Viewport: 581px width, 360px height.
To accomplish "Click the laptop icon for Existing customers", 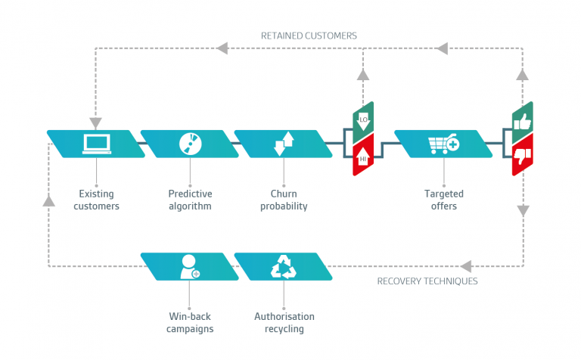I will click(96, 143).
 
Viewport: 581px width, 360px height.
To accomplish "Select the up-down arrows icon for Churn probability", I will click(283, 143).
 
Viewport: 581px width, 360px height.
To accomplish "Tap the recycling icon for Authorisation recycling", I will click(284, 266).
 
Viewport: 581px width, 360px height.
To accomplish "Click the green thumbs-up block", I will click(523, 121).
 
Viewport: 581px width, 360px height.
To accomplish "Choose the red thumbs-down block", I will click(523, 157).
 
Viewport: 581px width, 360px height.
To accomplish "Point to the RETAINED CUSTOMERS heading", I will click(309, 36).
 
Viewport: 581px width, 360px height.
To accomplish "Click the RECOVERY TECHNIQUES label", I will click(427, 281).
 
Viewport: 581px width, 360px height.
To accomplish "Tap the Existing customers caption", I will click(96, 200).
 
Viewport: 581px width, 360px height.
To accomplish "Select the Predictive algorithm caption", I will click(190, 200).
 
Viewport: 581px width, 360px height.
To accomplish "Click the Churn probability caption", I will click(284, 200).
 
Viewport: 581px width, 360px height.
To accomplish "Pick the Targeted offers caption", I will click(440, 200).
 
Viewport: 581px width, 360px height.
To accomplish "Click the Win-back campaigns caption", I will click(190, 322).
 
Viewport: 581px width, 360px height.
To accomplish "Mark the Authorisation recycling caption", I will click(284, 322).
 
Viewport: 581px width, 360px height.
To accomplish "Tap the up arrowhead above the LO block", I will click(363, 75).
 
